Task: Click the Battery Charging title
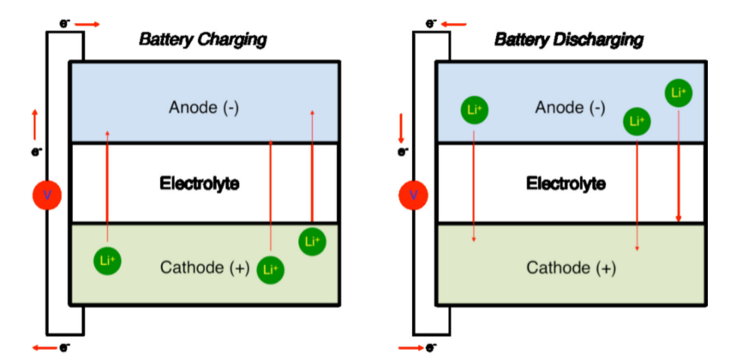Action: (203, 39)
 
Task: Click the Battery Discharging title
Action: (569, 39)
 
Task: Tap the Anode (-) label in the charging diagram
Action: (203, 107)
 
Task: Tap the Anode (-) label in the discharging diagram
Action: (570, 107)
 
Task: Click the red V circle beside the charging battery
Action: (47, 196)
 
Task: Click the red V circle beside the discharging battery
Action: (414, 196)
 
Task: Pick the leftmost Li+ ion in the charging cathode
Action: (108, 261)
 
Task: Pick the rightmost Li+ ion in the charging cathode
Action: (312, 243)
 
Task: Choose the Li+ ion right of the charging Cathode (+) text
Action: (271, 269)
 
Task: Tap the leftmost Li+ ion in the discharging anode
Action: (475, 109)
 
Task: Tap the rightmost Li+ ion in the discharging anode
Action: (679, 93)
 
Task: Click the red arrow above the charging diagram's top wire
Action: (88, 24)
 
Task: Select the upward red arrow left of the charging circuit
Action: (35, 125)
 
